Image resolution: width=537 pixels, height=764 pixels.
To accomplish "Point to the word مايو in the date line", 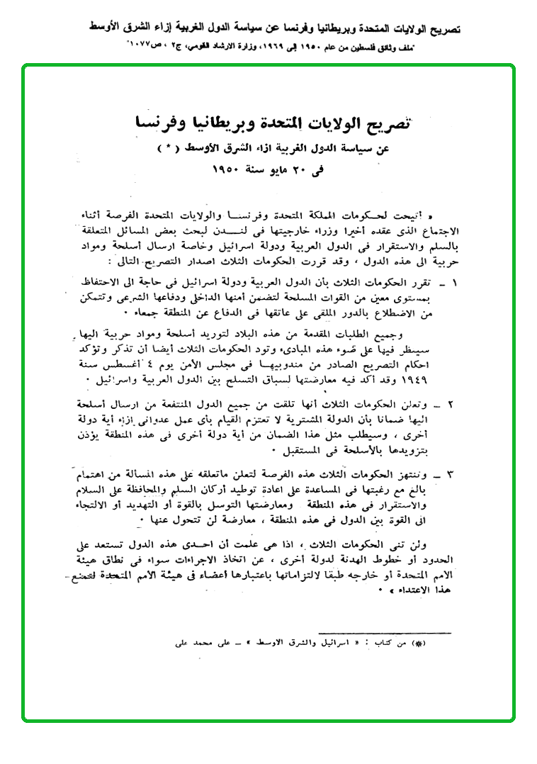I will click(x=263, y=172).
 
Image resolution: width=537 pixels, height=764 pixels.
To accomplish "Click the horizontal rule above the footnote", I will click(x=385, y=632).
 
